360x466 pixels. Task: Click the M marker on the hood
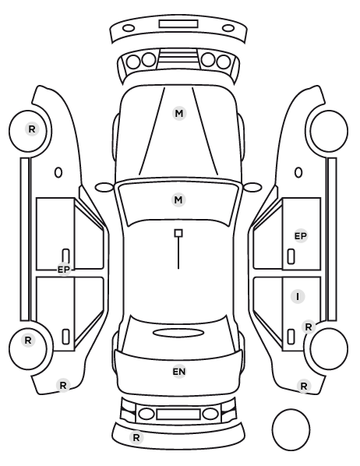pos(179,114)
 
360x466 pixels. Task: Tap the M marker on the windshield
pos(178,199)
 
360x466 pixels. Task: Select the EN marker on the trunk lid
pos(179,372)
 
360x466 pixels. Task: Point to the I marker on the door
pos(298,296)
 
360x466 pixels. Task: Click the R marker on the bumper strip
pos(136,437)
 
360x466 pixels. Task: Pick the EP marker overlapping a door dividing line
pos(64,270)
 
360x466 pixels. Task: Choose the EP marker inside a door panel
pos(300,236)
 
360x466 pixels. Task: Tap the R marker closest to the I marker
pos(309,327)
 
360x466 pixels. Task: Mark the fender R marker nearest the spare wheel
pos(304,386)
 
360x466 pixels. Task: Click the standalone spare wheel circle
pos(291,430)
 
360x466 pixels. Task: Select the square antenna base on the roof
pos(178,233)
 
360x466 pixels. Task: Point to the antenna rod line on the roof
pos(178,253)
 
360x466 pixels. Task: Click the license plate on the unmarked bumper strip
pos(178,24)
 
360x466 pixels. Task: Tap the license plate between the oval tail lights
pos(178,415)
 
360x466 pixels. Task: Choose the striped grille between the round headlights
pos(178,59)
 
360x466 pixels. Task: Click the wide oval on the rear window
pos(178,334)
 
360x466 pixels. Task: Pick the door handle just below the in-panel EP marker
pos(291,256)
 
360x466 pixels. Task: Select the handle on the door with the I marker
pos(291,337)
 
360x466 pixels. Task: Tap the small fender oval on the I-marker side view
pos(298,173)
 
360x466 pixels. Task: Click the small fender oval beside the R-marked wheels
pos(58,173)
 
